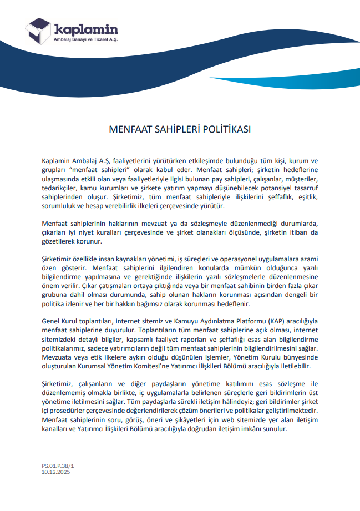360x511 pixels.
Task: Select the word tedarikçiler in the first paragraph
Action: point(60,188)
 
